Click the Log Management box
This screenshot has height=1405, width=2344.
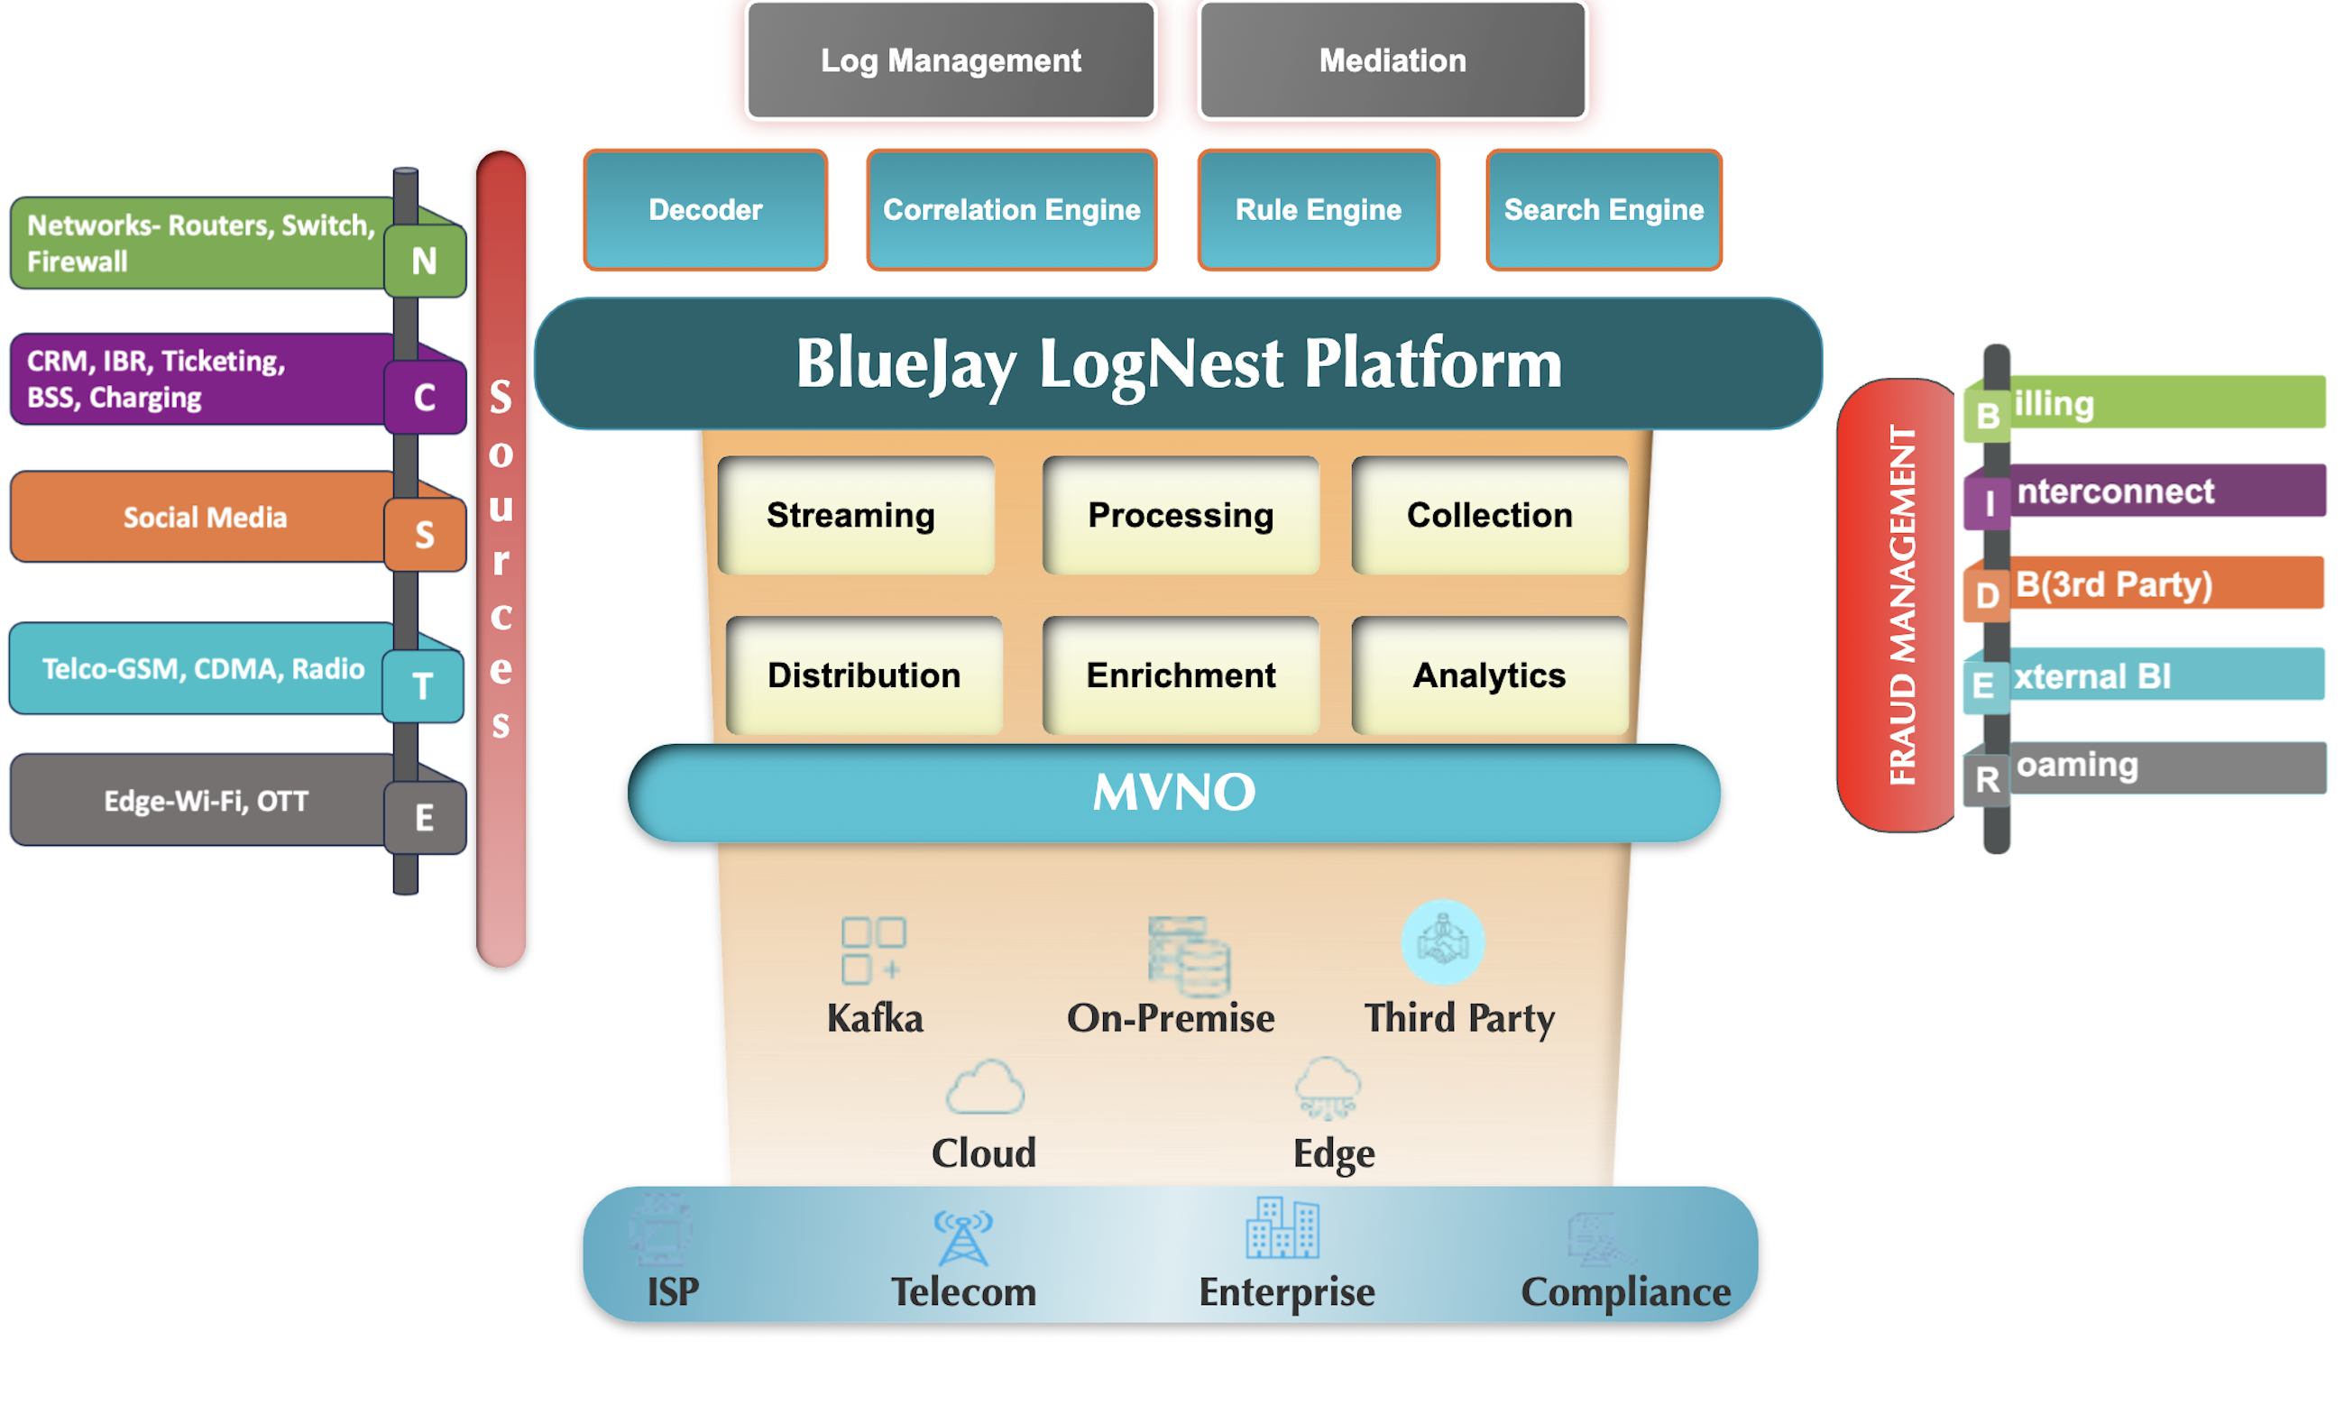[x=950, y=60]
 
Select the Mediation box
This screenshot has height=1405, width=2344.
[x=1392, y=60]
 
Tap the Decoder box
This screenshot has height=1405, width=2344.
[x=705, y=209]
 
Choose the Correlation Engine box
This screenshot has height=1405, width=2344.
[x=1011, y=209]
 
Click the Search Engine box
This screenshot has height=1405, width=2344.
[x=1603, y=209]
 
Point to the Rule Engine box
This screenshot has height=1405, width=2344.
[x=1318, y=209]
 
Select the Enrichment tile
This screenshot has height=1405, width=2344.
[x=1180, y=675]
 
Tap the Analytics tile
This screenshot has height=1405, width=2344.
[x=1488, y=675]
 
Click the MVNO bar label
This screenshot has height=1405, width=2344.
[x=1173, y=792]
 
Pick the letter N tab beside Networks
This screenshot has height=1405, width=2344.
[x=424, y=261]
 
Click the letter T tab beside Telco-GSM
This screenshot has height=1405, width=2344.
[x=422, y=684]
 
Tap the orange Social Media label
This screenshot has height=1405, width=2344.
[x=204, y=517]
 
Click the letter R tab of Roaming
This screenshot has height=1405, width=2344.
[x=1986, y=779]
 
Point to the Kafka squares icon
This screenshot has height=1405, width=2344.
[x=873, y=949]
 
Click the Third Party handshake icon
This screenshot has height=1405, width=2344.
[x=1442, y=942]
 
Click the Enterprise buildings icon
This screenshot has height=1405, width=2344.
[x=1282, y=1228]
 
